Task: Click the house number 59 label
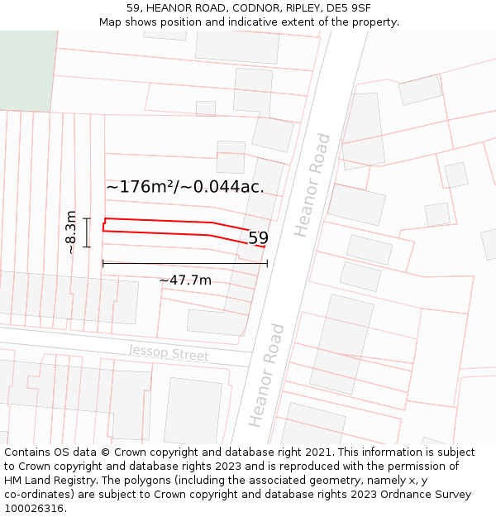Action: pos(259,238)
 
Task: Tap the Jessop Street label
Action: pos(168,353)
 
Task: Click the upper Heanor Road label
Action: pos(313,184)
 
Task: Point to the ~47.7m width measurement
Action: pos(185,280)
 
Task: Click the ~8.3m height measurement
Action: pos(72,232)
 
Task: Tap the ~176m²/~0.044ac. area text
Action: pos(185,187)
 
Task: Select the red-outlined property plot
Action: pos(165,227)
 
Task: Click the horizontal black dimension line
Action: pos(185,264)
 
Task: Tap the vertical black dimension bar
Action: pos(87,232)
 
